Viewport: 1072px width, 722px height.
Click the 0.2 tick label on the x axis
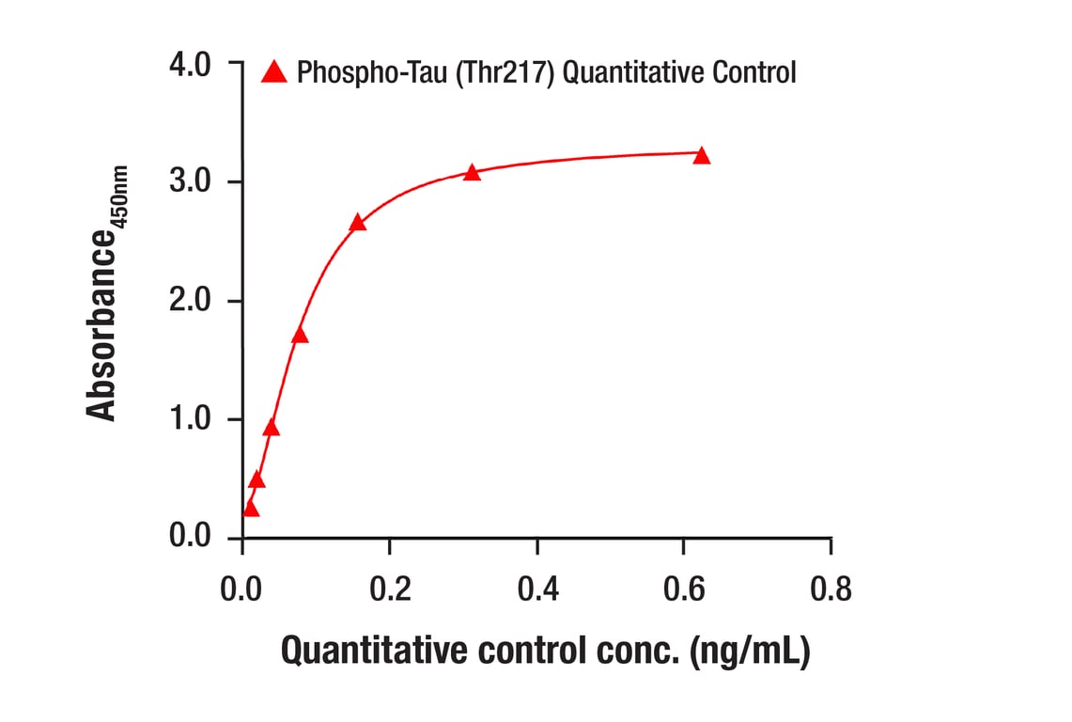click(x=389, y=589)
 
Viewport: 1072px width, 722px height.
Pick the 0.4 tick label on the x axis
click(x=536, y=589)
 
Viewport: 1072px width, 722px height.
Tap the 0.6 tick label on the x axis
click(x=683, y=589)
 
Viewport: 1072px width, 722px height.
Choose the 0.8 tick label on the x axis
click(x=831, y=589)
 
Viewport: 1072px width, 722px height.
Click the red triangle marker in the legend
click(x=274, y=71)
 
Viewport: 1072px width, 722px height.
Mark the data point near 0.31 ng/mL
click(x=472, y=172)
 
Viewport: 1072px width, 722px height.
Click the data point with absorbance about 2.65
click(x=357, y=223)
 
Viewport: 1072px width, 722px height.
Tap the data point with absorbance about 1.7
click(x=300, y=336)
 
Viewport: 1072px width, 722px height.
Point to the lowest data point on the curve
click(x=250, y=509)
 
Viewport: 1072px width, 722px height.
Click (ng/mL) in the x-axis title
click(x=749, y=651)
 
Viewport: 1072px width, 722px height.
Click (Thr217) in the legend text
click(x=505, y=72)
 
